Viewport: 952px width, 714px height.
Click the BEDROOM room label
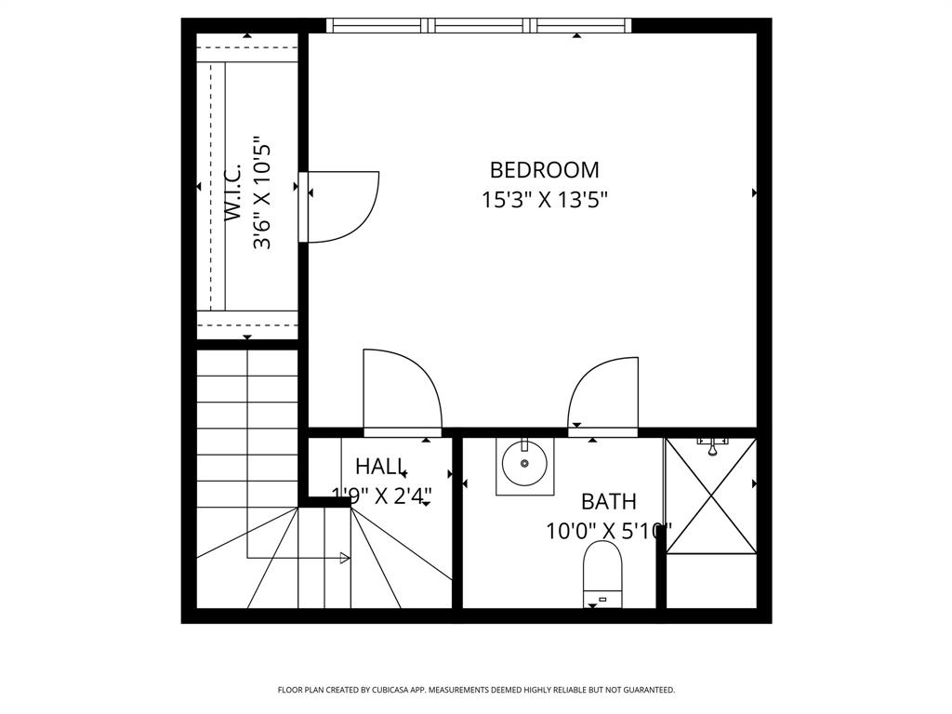[x=544, y=170]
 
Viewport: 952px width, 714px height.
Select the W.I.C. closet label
[x=233, y=193]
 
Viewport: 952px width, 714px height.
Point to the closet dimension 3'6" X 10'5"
[x=263, y=193]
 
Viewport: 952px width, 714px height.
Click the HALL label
[x=380, y=467]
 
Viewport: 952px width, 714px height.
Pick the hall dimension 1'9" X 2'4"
[x=382, y=496]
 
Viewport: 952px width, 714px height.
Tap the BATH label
[x=609, y=502]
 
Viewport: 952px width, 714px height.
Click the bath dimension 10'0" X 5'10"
[x=609, y=532]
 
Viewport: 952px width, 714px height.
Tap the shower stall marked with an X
[x=711, y=496]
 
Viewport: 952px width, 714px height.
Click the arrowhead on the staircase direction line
[x=345, y=558]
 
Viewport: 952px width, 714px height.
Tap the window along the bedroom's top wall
[x=478, y=25]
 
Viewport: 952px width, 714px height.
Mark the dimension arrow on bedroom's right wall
[x=754, y=192]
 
